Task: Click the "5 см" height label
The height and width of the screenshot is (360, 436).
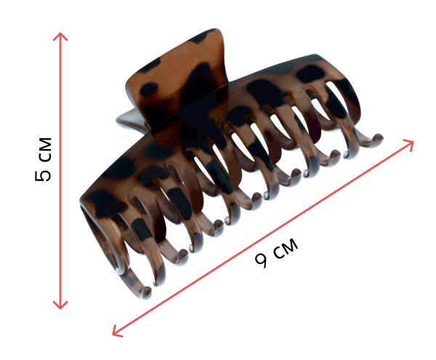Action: tap(43, 159)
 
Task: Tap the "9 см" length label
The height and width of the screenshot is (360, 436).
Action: tap(276, 252)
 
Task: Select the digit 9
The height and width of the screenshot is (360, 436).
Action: tap(261, 260)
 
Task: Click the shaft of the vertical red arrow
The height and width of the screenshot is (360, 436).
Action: tap(60, 171)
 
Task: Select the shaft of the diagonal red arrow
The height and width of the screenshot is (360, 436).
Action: tap(263, 238)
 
